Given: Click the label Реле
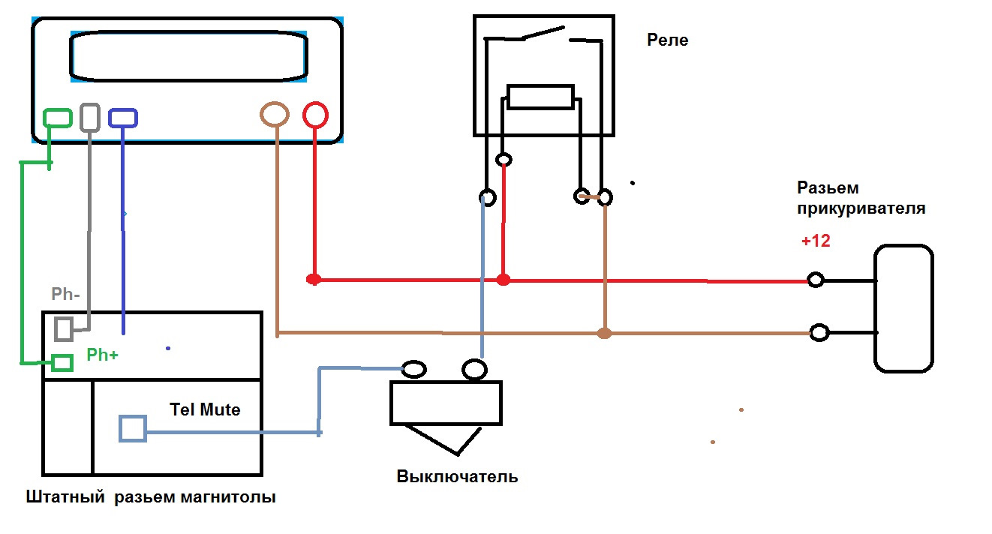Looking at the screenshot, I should coord(668,40).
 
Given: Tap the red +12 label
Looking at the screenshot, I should coord(816,242).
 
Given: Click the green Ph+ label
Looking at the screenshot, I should coord(102,355).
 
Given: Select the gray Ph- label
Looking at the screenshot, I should coord(66,294).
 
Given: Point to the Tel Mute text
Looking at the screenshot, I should coord(205,409).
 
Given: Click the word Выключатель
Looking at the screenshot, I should coord(457,477).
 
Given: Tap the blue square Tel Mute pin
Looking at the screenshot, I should coord(132,428).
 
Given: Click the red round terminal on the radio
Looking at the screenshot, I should coord(315,115).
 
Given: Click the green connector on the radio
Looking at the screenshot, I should coord(58,118).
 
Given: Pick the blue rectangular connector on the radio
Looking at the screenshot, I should coord(123,118).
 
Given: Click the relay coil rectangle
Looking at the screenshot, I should coord(540,97).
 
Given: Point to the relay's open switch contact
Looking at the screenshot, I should coord(542,33).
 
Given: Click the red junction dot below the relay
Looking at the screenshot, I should coord(504,280).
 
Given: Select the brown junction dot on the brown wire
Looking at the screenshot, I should coord(604,333).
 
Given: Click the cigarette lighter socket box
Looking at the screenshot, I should coord(903,308).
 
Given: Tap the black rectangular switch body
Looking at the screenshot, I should coord(446,403).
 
